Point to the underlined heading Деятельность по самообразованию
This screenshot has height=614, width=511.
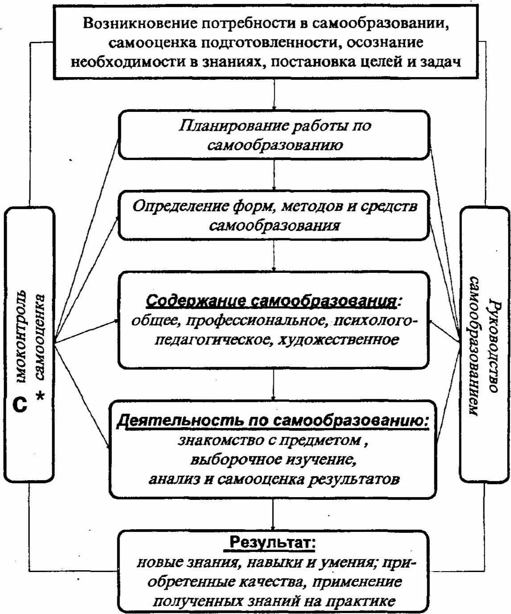(272, 421)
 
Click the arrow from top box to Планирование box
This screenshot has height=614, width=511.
(274, 96)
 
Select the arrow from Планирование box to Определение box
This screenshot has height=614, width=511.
(274, 175)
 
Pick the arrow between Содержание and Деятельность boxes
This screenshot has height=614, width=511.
(274, 384)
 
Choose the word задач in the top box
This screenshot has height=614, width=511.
(440, 61)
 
